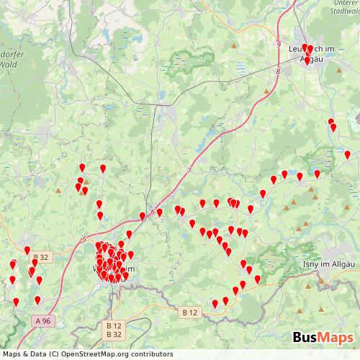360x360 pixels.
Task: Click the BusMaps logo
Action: tap(323, 338)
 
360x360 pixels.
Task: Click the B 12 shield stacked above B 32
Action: tap(114, 325)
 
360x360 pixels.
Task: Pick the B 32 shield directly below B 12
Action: tap(114, 335)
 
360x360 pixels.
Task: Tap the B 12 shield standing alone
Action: tap(189, 312)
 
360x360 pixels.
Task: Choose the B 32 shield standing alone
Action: tap(42, 257)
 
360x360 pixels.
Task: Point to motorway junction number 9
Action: tap(276, 45)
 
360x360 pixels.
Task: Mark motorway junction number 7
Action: tap(189, 170)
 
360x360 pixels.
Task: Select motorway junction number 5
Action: tap(84, 239)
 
